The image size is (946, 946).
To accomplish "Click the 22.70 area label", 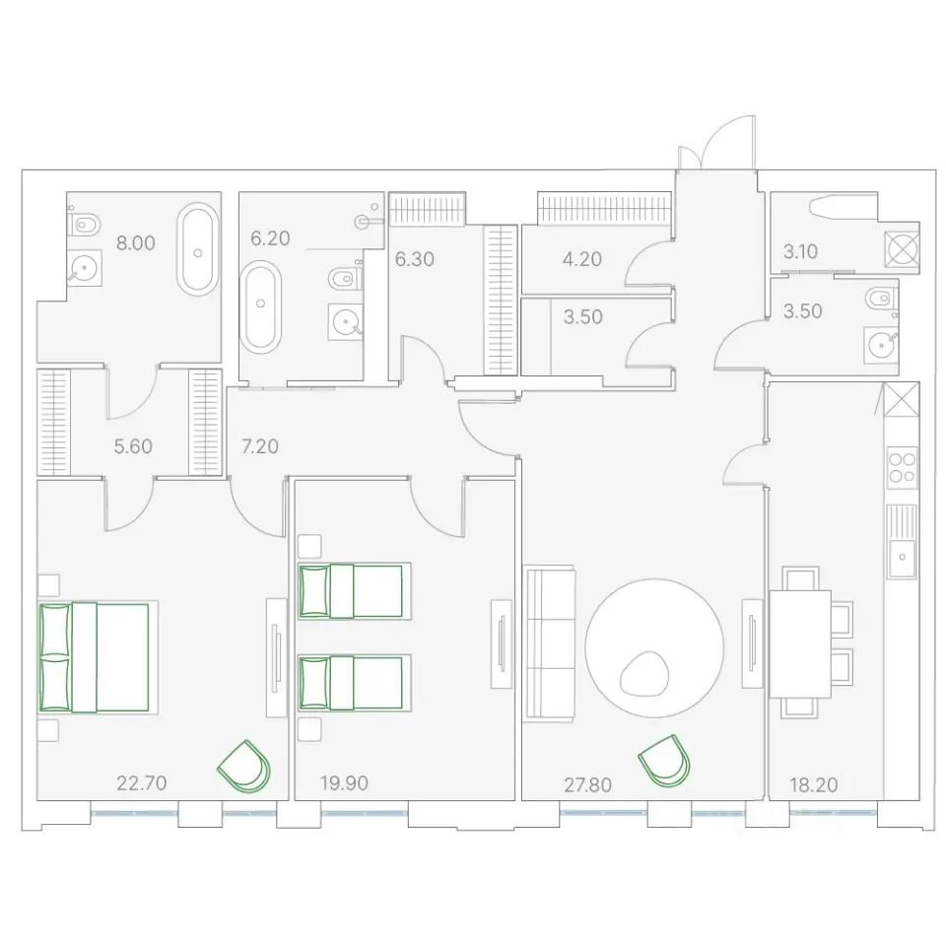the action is pyautogui.click(x=141, y=783).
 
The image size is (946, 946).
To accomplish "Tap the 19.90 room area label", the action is pyautogui.click(x=344, y=783).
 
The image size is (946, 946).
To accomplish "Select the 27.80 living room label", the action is pyautogui.click(x=587, y=785).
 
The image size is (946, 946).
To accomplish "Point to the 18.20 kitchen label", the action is pyautogui.click(x=814, y=785).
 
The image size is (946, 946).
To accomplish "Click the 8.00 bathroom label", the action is pyautogui.click(x=136, y=243).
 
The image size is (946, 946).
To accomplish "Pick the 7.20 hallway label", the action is pyautogui.click(x=260, y=446).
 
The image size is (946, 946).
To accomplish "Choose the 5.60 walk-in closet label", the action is pyautogui.click(x=133, y=446).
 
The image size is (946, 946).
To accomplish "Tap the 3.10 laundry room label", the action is pyautogui.click(x=800, y=251).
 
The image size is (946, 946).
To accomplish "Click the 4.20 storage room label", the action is pyautogui.click(x=582, y=259).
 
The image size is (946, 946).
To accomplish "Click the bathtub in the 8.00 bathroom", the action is pyautogui.click(x=197, y=249).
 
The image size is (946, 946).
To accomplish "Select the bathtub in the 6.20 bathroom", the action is pyautogui.click(x=260, y=305).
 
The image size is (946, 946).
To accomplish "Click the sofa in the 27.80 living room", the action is pyautogui.click(x=550, y=643).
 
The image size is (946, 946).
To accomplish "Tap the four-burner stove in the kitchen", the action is pyautogui.click(x=902, y=467).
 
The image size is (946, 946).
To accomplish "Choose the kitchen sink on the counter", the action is pyautogui.click(x=902, y=542).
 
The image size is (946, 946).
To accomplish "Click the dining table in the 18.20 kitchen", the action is pyautogui.click(x=800, y=643).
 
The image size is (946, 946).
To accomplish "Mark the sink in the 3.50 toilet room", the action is pyautogui.click(x=881, y=345).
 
